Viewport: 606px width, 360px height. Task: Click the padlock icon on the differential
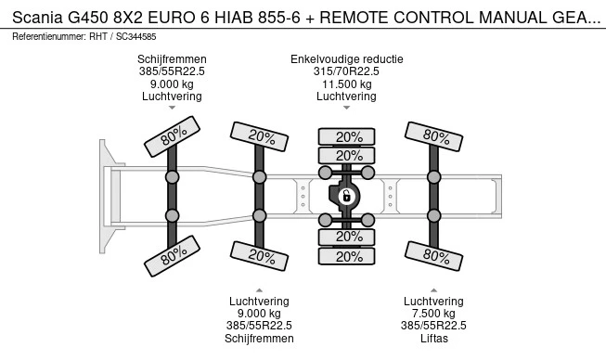(346, 196)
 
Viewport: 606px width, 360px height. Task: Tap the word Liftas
(434, 339)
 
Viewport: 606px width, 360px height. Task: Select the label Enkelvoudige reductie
(347, 59)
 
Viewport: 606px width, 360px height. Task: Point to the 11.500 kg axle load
(347, 84)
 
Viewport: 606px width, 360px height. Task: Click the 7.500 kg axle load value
(433, 314)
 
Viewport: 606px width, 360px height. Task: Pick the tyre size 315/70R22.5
(346, 71)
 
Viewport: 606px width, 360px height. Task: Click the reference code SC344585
(136, 37)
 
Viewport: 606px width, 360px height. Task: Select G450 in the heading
(88, 18)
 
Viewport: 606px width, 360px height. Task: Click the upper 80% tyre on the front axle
(172, 136)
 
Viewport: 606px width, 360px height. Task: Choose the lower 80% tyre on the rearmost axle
(433, 256)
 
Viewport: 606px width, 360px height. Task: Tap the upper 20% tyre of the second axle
(259, 136)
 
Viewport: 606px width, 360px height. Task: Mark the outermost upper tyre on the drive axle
(346, 136)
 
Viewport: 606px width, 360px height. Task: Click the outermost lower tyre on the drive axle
(346, 256)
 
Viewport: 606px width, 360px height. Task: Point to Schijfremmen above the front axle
(172, 59)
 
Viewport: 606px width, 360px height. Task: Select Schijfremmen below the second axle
(259, 339)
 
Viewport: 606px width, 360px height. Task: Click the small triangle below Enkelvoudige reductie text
(347, 108)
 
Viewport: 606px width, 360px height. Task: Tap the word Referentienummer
(48, 37)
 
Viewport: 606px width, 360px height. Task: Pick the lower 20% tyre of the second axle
(259, 256)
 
